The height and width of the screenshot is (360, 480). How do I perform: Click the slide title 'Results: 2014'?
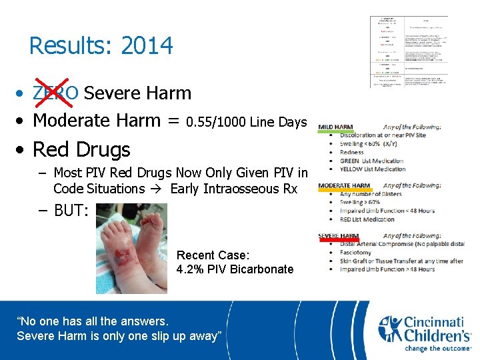(x=101, y=46)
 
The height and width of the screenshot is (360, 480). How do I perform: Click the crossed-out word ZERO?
(x=55, y=93)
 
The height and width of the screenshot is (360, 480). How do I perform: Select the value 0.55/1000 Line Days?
(x=247, y=123)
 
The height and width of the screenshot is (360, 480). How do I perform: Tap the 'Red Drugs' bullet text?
(x=81, y=149)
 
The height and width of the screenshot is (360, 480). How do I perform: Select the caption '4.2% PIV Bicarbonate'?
(x=235, y=269)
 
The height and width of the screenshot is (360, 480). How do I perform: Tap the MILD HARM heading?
(x=335, y=127)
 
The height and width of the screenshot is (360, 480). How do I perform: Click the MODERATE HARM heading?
(x=344, y=185)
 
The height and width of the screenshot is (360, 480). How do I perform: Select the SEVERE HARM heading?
(x=339, y=236)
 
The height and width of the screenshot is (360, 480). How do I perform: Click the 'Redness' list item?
(x=352, y=152)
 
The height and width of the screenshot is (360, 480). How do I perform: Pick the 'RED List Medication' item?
(x=378, y=219)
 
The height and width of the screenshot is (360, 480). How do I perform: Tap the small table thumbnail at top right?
(x=409, y=52)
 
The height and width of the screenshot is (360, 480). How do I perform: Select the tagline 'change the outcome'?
(x=438, y=348)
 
